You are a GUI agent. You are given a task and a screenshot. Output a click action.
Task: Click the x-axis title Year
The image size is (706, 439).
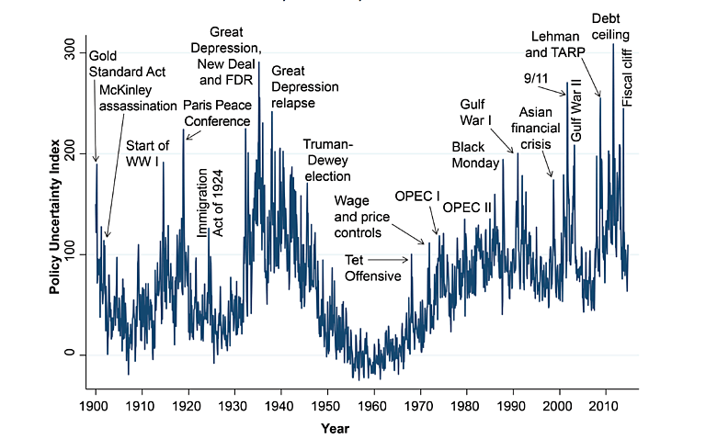(335, 428)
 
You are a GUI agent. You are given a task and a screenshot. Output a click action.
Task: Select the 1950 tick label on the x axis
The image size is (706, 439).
(326, 404)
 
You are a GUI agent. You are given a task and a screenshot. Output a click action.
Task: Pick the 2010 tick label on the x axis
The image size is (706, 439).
(604, 404)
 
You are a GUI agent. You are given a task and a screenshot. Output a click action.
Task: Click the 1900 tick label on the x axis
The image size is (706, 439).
(96, 404)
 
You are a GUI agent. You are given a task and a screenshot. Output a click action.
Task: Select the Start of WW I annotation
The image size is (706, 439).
(147, 153)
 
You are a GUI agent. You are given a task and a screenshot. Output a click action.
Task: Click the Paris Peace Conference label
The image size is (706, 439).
(217, 113)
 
